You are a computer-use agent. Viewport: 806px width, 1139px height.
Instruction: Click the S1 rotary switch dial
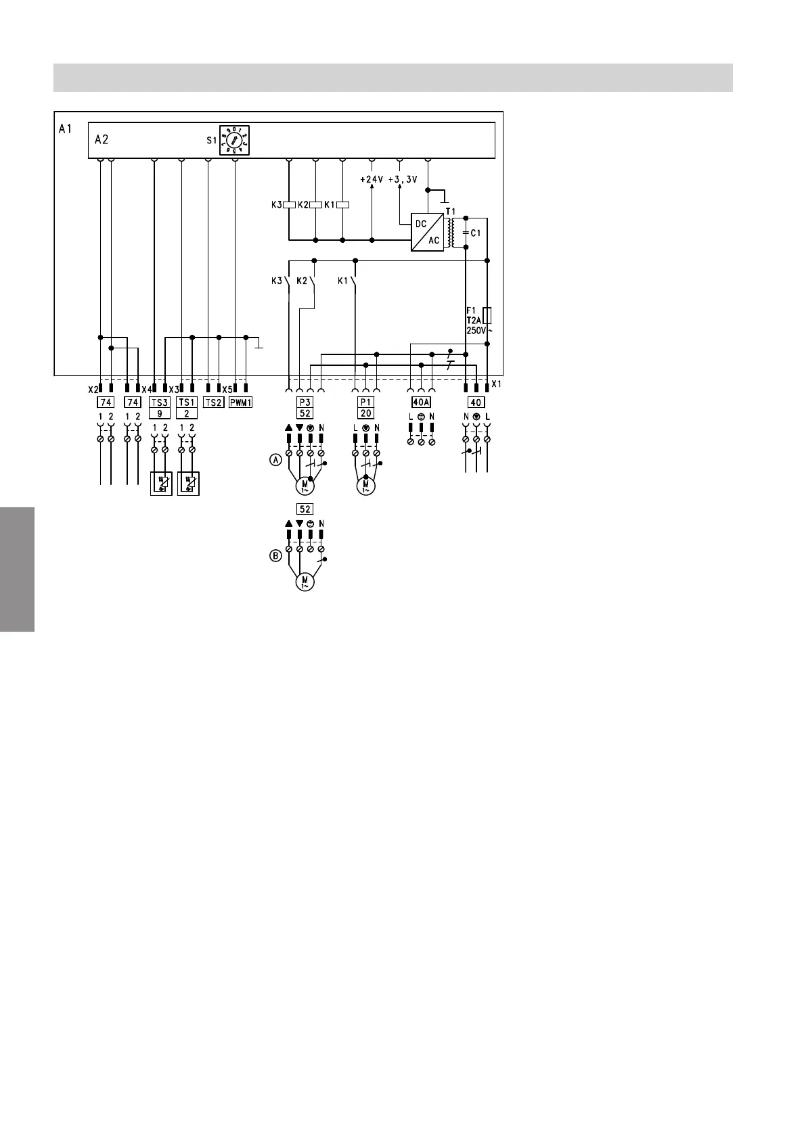pos(234,141)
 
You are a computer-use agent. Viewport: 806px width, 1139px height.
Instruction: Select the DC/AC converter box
pos(427,232)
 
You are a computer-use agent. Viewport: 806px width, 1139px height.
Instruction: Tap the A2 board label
pos(102,140)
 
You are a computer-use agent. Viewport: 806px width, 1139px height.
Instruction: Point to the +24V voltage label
pos(372,180)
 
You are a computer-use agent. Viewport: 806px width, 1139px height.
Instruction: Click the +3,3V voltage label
pos(403,180)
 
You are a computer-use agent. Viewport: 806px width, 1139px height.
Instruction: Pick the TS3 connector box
pos(160,402)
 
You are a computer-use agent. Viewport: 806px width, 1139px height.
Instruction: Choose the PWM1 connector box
pos(240,402)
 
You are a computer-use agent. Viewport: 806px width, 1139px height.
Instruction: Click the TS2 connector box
pos(213,402)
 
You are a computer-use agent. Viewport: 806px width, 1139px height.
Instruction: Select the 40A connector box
pos(421,402)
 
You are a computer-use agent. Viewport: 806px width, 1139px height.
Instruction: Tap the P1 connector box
pos(365,402)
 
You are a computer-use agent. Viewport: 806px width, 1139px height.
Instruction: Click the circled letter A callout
pos(275,460)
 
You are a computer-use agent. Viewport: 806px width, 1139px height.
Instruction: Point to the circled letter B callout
pos(275,556)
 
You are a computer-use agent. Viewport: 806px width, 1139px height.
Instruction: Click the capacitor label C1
pos(476,233)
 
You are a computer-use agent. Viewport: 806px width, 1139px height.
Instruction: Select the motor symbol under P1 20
pos(366,486)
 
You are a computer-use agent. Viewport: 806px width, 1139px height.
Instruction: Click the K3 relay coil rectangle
pos(289,205)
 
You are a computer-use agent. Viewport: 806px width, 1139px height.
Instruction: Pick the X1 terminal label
pos(497,384)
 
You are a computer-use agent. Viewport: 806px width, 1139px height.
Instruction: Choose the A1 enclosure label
pos(65,129)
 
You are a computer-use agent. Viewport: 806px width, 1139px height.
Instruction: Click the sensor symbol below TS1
pos(188,484)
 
